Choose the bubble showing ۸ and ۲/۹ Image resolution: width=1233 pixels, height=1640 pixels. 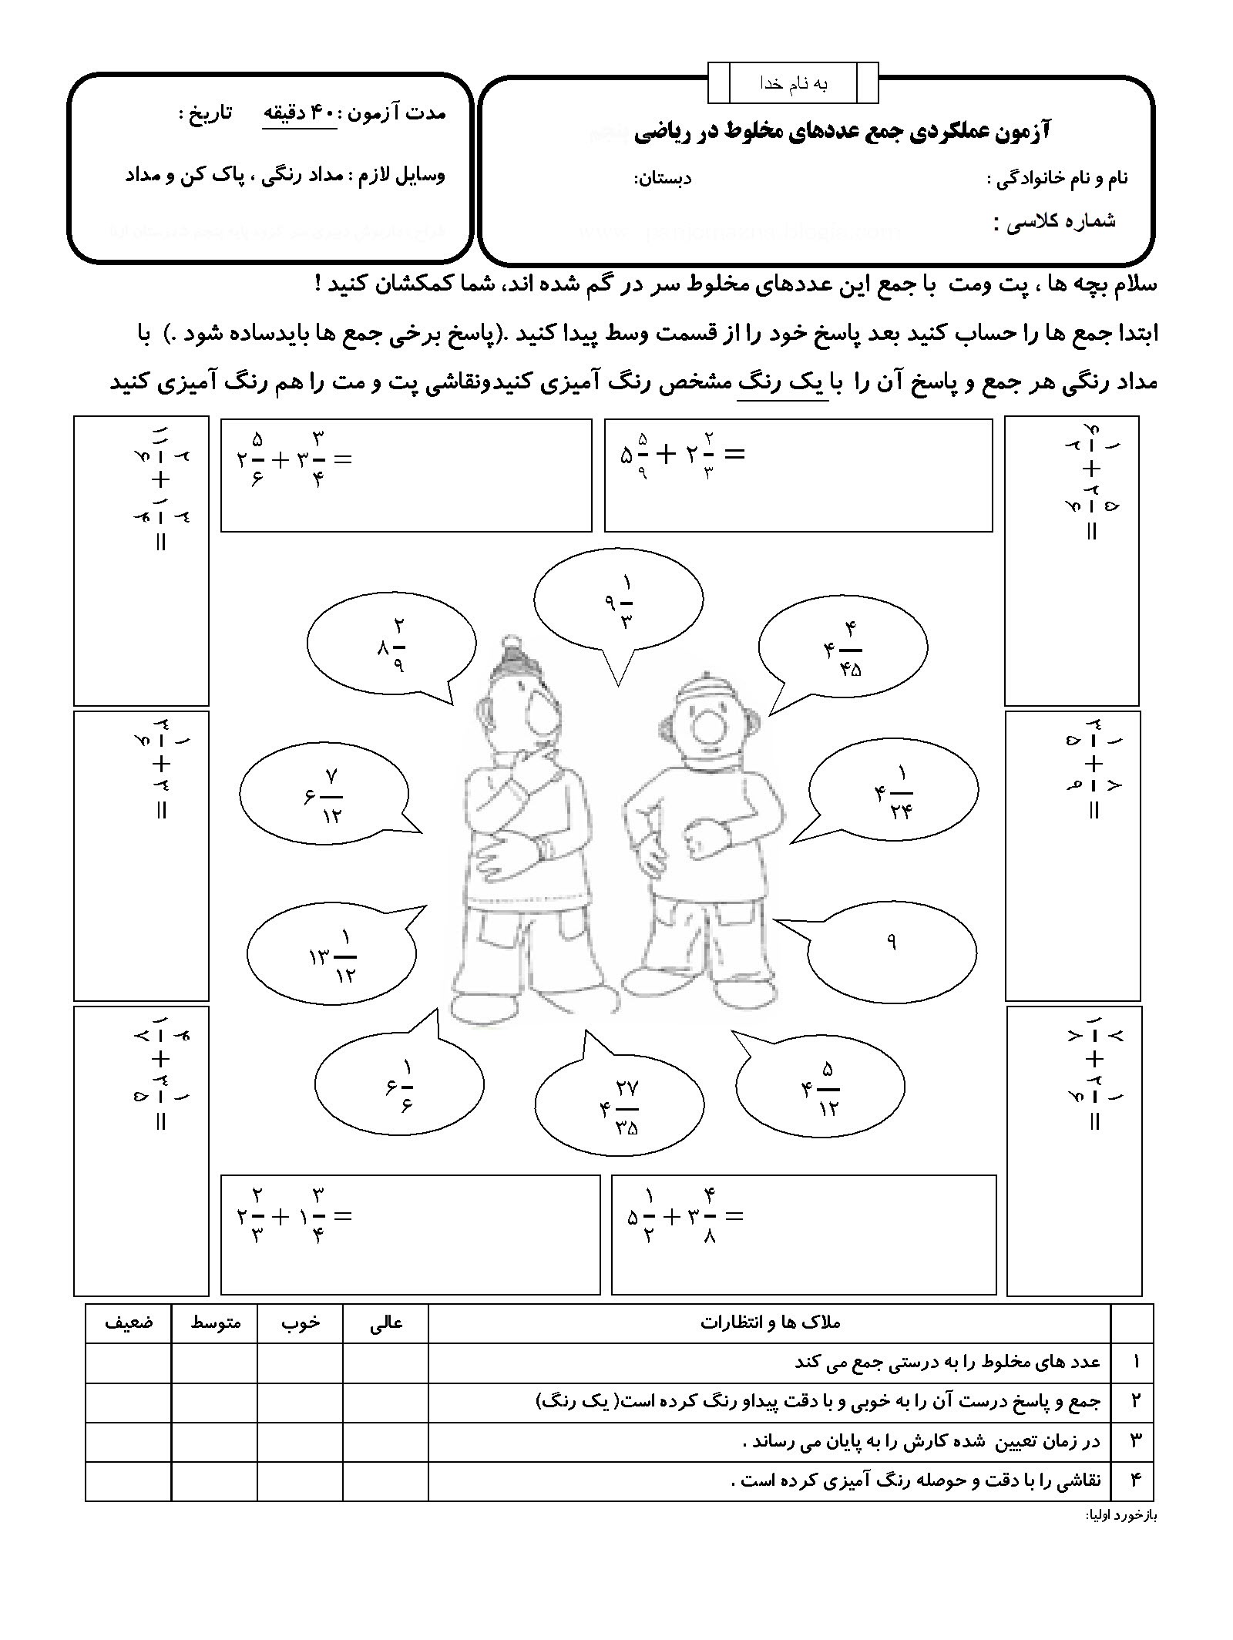(x=391, y=645)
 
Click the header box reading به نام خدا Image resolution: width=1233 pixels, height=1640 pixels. (x=792, y=84)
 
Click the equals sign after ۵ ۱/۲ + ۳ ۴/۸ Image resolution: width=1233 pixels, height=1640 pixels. (x=735, y=1217)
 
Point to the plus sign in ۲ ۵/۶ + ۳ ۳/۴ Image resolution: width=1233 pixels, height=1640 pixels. (x=281, y=460)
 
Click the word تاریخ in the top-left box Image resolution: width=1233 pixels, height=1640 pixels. (x=197, y=113)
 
